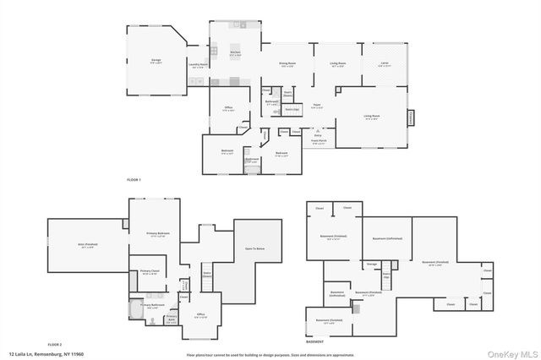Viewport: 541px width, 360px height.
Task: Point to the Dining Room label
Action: [x=287, y=64]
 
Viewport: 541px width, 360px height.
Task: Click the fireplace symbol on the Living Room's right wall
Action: [x=412, y=117]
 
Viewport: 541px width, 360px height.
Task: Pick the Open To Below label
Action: [x=255, y=248]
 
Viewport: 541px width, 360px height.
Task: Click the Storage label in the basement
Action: [x=372, y=265]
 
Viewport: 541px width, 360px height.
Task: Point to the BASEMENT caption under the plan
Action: [x=314, y=341]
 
